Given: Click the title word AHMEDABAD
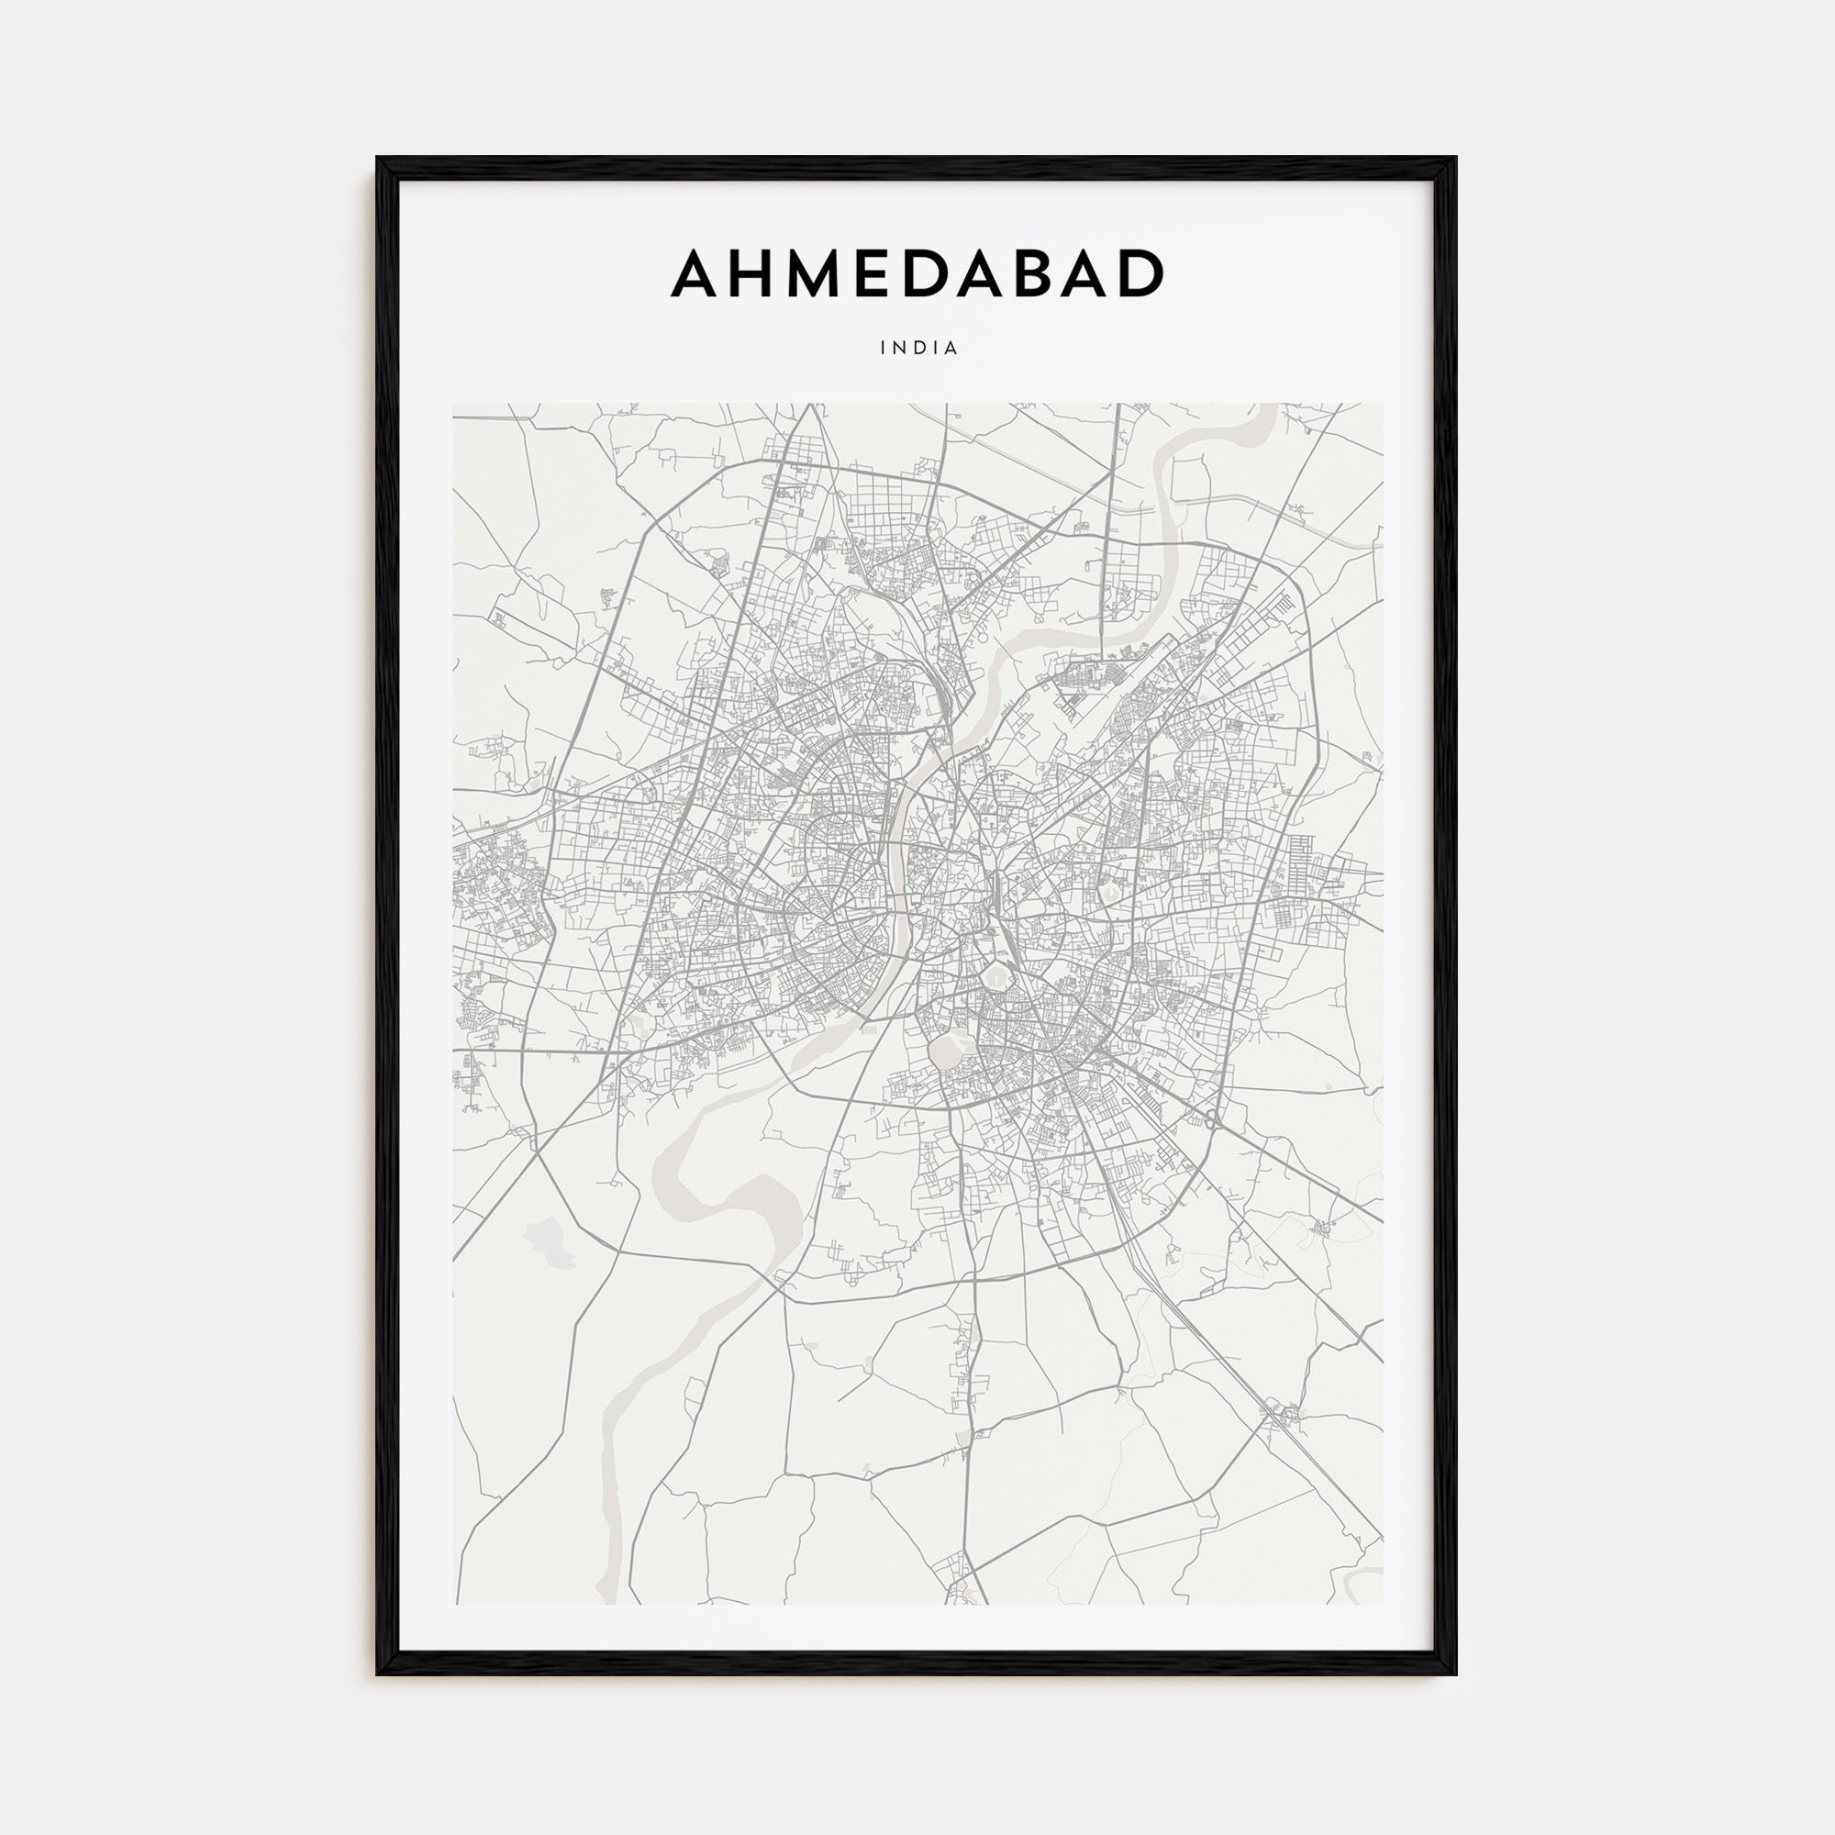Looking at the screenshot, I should [x=917, y=273].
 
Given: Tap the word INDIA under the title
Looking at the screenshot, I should [x=919, y=349].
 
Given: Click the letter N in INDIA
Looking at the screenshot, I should [x=900, y=349].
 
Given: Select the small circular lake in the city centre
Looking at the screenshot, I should [x=995, y=974].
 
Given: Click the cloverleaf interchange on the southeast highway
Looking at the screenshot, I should [x=1213, y=1119].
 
